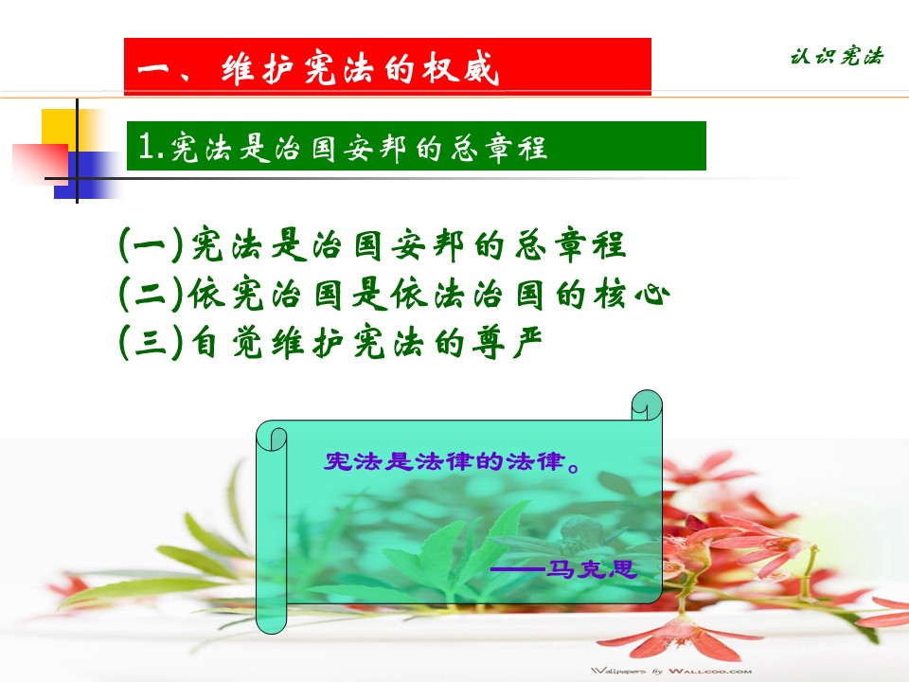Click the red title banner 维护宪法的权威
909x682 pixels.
click(x=387, y=66)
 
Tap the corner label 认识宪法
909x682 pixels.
click(x=837, y=56)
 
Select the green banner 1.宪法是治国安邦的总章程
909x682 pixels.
click(x=417, y=146)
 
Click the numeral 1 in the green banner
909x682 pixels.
click(x=146, y=146)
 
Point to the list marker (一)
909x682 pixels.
click(x=151, y=244)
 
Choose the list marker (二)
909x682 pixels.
click(x=151, y=294)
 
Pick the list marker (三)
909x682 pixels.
click(x=151, y=342)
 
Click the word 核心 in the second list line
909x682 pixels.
click(x=631, y=294)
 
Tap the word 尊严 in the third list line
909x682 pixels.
click(x=507, y=342)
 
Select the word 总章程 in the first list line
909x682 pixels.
click(x=571, y=244)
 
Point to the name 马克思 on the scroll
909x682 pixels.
click(x=591, y=568)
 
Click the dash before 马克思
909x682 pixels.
click(x=518, y=569)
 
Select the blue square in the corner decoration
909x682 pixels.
click(x=86, y=175)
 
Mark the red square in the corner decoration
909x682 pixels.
click(x=40, y=165)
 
